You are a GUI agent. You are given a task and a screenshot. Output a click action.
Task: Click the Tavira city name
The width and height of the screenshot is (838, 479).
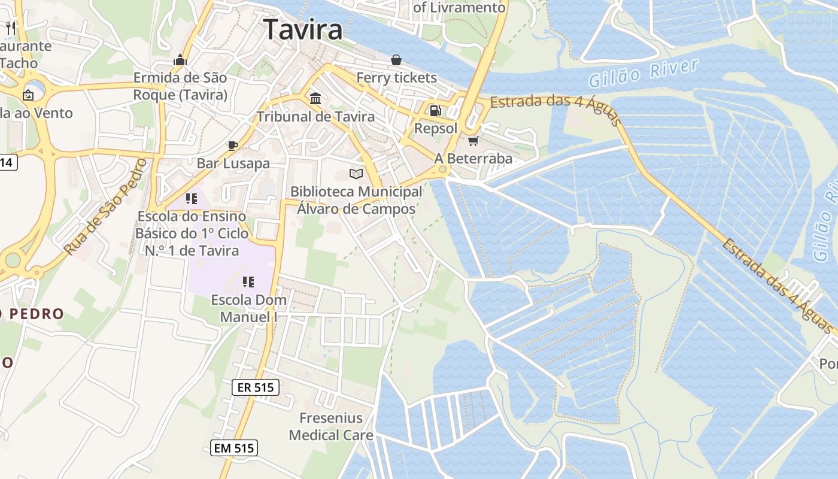[303, 29]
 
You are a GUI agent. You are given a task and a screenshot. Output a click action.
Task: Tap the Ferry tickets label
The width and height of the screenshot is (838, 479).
[397, 78]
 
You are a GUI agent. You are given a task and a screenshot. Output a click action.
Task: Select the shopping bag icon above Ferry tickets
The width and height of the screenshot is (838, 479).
[396, 60]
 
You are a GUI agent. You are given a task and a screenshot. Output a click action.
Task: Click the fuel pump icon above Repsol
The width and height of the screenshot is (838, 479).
[435, 111]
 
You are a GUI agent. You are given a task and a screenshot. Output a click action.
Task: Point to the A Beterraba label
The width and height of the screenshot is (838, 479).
[473, 159]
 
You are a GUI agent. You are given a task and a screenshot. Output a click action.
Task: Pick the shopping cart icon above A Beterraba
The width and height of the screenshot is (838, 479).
[473, 141]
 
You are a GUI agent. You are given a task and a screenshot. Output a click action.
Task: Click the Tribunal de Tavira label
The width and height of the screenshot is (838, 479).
[315, 117]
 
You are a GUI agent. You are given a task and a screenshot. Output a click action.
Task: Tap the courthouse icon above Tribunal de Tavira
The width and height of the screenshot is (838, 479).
[315, 98]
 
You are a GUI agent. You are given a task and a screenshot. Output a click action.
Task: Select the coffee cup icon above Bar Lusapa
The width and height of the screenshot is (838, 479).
[233, 145]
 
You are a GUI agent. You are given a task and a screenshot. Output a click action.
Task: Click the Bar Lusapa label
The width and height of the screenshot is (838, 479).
[233, 163]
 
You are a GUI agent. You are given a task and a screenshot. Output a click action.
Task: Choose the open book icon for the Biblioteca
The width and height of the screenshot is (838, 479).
[356, 174]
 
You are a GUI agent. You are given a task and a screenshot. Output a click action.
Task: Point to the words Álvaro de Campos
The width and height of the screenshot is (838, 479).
[356, 210]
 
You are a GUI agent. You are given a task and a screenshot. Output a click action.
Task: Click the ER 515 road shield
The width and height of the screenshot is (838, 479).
[256, 387]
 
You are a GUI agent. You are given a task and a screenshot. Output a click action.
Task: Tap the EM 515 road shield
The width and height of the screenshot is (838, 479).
[234, 448]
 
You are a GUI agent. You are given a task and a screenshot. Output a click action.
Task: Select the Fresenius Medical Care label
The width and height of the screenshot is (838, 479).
[331, 427]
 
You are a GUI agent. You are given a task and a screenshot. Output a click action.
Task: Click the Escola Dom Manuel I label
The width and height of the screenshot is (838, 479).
[248, 308]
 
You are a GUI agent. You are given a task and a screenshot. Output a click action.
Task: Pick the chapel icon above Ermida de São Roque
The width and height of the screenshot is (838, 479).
[180, 60]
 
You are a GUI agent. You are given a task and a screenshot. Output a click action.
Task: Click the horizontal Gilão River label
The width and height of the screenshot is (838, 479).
[643, 73]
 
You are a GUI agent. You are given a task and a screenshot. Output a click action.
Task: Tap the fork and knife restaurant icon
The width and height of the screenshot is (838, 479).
[10, 28]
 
